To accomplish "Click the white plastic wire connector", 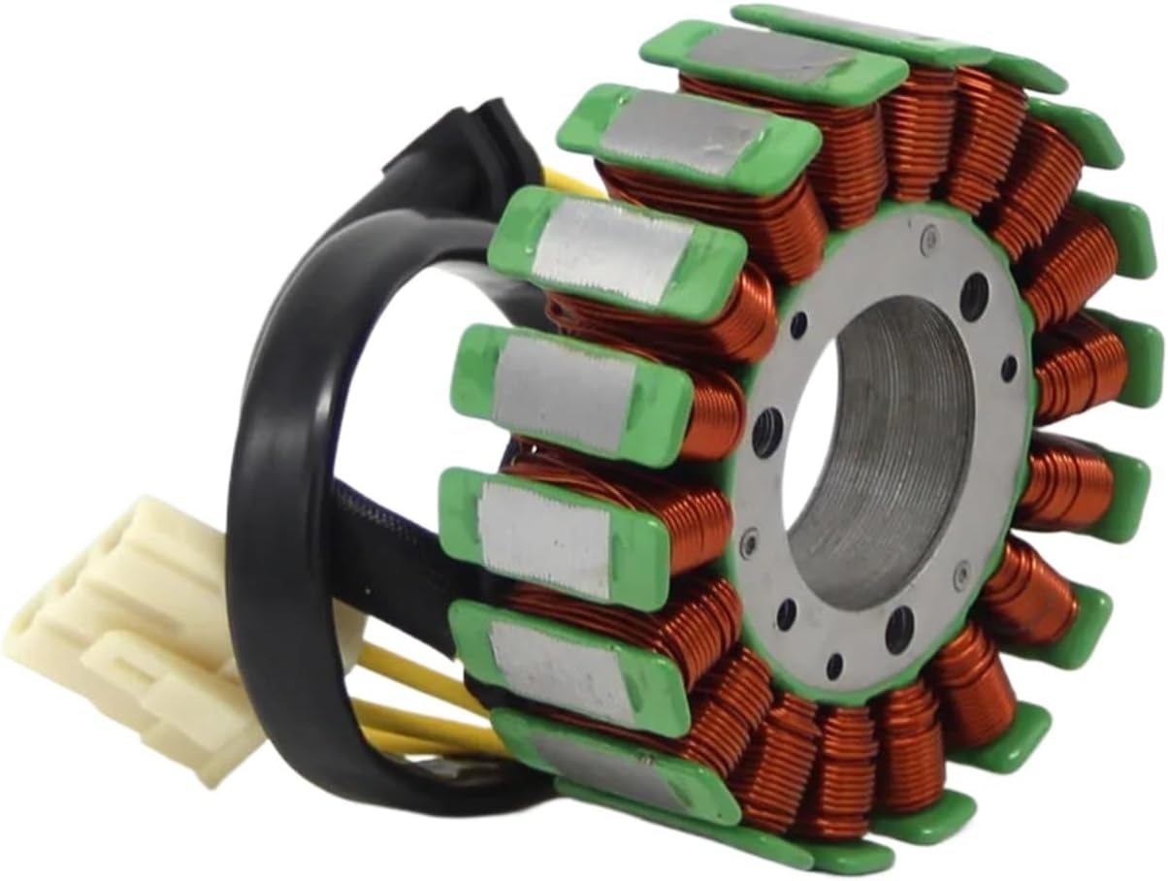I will (126, 621).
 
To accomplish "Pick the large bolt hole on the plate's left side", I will (766, 427).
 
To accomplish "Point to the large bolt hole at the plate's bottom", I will (898, 630).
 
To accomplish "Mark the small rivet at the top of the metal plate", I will (929, 234).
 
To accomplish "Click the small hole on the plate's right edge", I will (1009, 368).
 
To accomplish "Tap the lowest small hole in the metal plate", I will (834, 667).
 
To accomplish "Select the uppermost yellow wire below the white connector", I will (407, 669).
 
